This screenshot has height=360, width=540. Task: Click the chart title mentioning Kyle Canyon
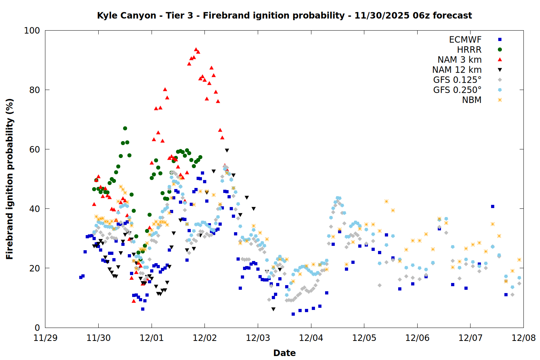coord(284,15)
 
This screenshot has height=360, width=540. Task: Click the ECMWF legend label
coord(465,40)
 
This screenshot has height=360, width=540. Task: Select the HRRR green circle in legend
coord(500,50)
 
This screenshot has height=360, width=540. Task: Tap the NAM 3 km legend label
coord(459,60)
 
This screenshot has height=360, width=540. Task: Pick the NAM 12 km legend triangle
coord(500,70)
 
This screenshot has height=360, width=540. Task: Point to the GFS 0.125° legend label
coord(457,80)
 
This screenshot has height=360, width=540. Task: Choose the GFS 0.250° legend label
coord(457,90)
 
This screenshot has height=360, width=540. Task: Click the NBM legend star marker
coord(500,100)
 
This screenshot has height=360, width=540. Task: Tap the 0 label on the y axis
coord(37,328)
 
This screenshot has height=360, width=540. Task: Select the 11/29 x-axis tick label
coord(45,338)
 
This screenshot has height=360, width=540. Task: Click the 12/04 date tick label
coord(311,338)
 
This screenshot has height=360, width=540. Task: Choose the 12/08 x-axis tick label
coord(523,338)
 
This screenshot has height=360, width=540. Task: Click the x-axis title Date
coord(284,353)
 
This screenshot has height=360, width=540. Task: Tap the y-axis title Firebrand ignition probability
coord(9,179)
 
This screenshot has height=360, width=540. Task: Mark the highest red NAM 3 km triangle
coord(196,49)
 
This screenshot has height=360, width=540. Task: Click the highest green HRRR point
coord(125,128)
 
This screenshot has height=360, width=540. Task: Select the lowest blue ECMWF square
coord(293,314)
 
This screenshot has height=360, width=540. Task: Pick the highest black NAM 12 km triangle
coord(227,150)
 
